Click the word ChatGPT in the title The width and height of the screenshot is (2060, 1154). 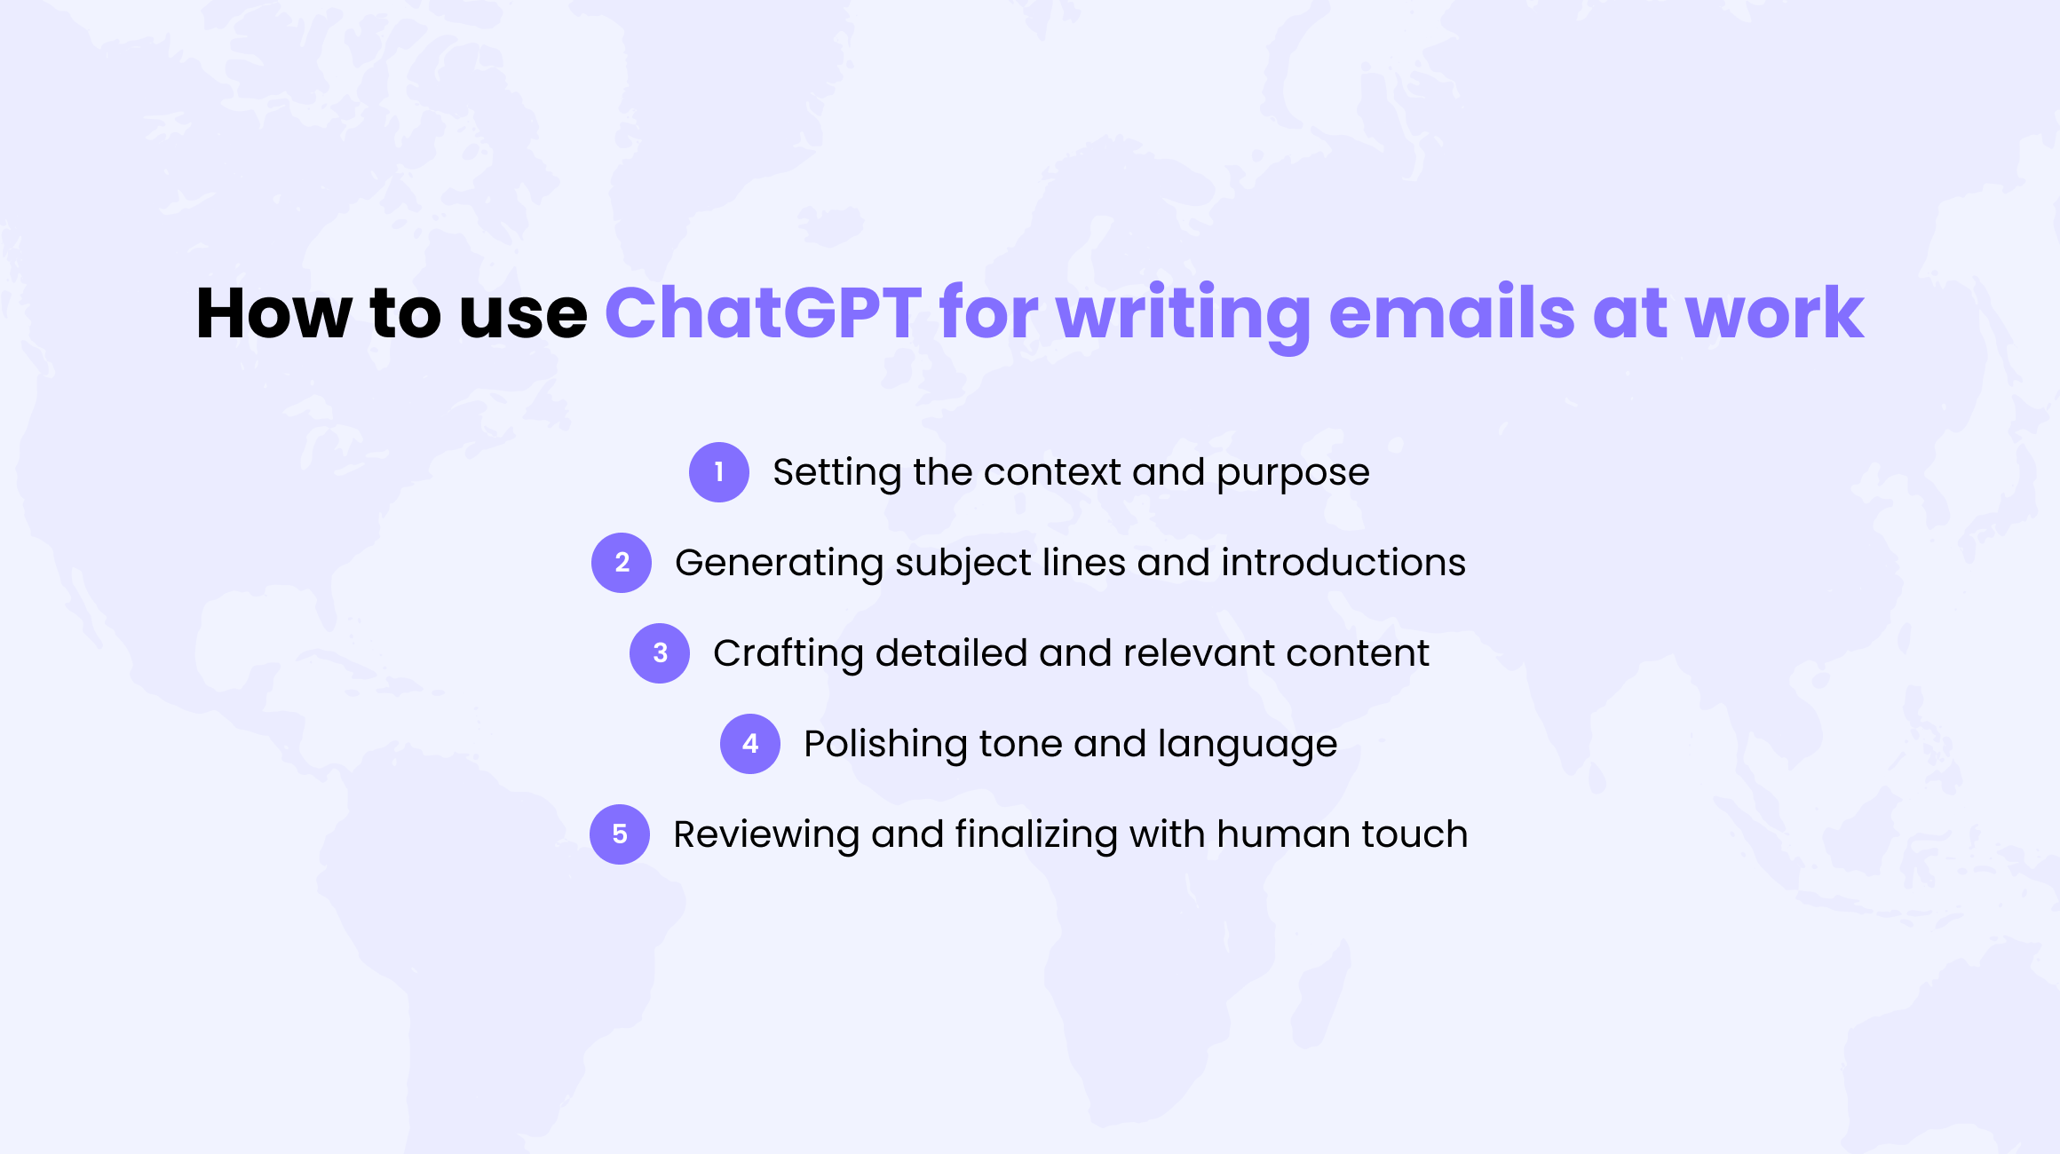pyautogui.click(x=764, y=312)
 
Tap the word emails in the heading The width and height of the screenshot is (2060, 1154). pyautogui.click(x=1452, y=312)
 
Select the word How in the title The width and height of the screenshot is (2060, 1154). pyautogui.click(x=273, y=312)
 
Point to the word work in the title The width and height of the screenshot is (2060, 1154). pyautogui.click(x=1774, y=312)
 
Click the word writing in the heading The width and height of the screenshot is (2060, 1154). pyautogui.click(x=1184, y=318)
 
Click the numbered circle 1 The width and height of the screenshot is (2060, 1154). pyautogui.click(x=719, y=472)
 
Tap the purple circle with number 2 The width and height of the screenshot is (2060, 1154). pyautogui.click(x=622, y=563)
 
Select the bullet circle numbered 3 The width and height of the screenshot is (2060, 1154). pyautogui.click(x=660, y=653)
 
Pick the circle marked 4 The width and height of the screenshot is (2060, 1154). pyautogui.click(x=750, y=744)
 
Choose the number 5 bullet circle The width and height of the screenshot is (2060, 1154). pyautogui.click(x=620, y=834)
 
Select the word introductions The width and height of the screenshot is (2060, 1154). pyautogui.click(x=1343, y=563)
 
